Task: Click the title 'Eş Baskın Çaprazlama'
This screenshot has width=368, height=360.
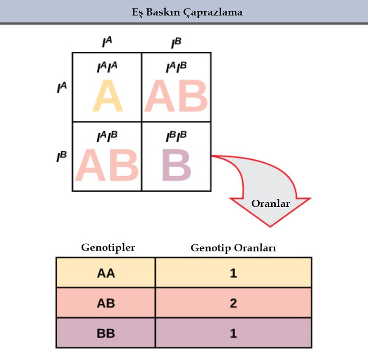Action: click(184, 13)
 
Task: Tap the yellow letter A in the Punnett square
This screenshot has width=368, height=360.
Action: click(107, 96)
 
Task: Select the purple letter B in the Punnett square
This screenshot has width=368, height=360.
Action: click(177, 165)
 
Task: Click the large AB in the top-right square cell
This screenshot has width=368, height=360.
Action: click(176, 96)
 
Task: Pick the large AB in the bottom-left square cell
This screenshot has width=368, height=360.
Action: click(107, 165)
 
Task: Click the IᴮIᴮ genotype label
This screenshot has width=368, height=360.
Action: click(176, 136)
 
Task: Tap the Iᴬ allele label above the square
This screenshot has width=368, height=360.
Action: click(107, 42)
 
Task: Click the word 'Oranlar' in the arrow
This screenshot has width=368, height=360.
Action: click(271, 204)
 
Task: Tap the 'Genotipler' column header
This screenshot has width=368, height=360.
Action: click(108, 247)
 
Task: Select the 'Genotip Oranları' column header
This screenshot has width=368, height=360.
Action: click(233, 247)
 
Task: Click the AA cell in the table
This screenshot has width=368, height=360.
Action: click(106, 273)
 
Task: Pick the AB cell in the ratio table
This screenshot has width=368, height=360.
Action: click(106, 303)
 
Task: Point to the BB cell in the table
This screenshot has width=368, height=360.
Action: click(106, 333)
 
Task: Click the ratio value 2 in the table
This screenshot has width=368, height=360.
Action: click(233, 303)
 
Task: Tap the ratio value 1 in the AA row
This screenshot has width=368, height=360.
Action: click(233, 273)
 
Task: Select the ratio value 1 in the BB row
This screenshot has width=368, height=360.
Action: click(233, 333)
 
